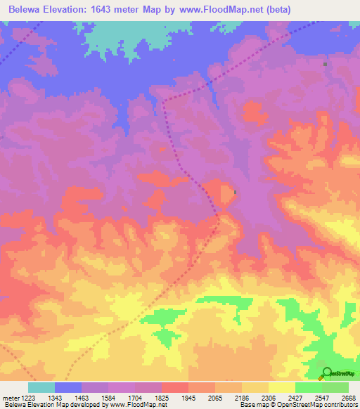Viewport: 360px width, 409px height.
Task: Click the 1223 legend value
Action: click(x=27, y=398)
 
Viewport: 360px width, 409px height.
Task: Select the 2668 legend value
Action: click(x=347, y=398)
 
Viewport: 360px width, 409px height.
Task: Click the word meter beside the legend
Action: click(x=9, y=398)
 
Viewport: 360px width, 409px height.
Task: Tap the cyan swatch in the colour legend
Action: click(x=41, y=387)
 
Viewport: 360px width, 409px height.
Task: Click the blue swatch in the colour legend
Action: click(x=68, y=387)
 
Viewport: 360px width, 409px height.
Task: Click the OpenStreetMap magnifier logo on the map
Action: click(x=327, y=373)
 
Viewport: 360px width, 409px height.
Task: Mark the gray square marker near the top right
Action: click(x=325, y=64)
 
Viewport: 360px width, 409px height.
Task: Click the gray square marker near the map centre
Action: click(x=235, y=192)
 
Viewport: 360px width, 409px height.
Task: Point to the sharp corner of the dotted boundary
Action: click(x=164, y=103)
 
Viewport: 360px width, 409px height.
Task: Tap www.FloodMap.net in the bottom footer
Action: click(x=138, y=405)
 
